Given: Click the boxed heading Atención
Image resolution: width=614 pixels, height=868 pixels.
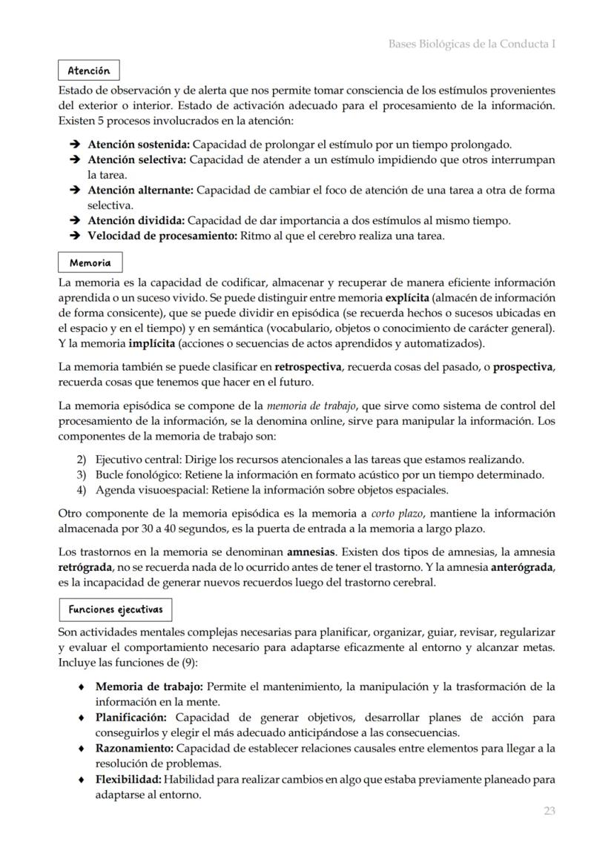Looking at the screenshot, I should click(x=88, y=70).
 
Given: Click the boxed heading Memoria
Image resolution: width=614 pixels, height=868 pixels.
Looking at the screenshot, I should click(x=90, y=262).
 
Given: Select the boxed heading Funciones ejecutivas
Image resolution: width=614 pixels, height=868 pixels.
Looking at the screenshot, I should click(x=115, y=609).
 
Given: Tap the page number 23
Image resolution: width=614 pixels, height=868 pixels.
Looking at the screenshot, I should click(x=549, y=811).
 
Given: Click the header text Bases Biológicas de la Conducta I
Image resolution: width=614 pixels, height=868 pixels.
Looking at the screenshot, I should click(x=472, y=44).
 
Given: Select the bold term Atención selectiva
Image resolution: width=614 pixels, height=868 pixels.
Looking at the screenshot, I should click(x=137, y=159).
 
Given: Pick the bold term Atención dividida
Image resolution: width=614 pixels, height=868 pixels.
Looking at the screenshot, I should click(x=136, y=220).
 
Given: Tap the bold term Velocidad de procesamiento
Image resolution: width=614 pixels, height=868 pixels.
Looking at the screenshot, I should click(x=161, y=236).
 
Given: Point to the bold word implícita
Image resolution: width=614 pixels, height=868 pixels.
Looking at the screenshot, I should click(x=151, y=343).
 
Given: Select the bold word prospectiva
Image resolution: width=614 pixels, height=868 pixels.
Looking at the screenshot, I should click(x=524, y=367).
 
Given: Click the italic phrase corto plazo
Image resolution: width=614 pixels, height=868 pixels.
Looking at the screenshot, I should click(x=393, y=513).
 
